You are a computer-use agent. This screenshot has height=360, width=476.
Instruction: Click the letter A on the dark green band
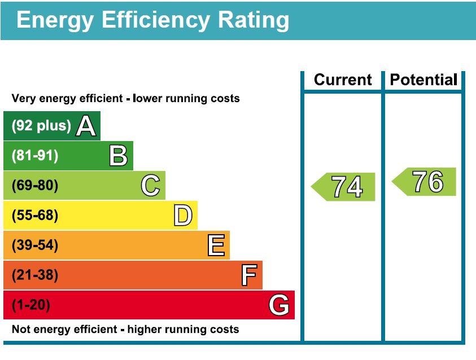point(86,126)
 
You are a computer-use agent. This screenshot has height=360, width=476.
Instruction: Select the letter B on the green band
point(118,156)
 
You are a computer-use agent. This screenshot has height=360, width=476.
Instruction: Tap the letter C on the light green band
point(150,186)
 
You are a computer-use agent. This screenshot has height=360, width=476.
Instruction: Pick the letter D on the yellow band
point(183,216)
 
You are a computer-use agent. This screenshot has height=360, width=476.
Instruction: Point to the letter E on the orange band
point(216,245)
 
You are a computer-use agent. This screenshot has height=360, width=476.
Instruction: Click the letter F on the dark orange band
point(249,275)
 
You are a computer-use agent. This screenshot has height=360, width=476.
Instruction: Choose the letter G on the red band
point(280,305)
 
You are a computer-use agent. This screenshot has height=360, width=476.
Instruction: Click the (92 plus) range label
point(41,126)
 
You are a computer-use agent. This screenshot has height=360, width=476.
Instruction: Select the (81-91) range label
point(34,156)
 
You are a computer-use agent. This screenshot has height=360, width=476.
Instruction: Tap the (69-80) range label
point(34,186)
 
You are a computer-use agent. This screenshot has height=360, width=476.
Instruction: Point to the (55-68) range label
point(34,216)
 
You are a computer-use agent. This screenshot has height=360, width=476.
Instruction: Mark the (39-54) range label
point(34,245)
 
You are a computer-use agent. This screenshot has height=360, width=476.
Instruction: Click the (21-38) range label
point(34,275)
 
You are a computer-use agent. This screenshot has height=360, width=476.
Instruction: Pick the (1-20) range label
point(30,305)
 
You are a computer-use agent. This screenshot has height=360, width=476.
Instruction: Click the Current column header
point(343,80)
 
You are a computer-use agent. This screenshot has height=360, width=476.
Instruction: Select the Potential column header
point(423,80)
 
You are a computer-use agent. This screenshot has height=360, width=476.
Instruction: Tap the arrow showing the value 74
point(344,187)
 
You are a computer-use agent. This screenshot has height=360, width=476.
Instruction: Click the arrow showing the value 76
point(425,182)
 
